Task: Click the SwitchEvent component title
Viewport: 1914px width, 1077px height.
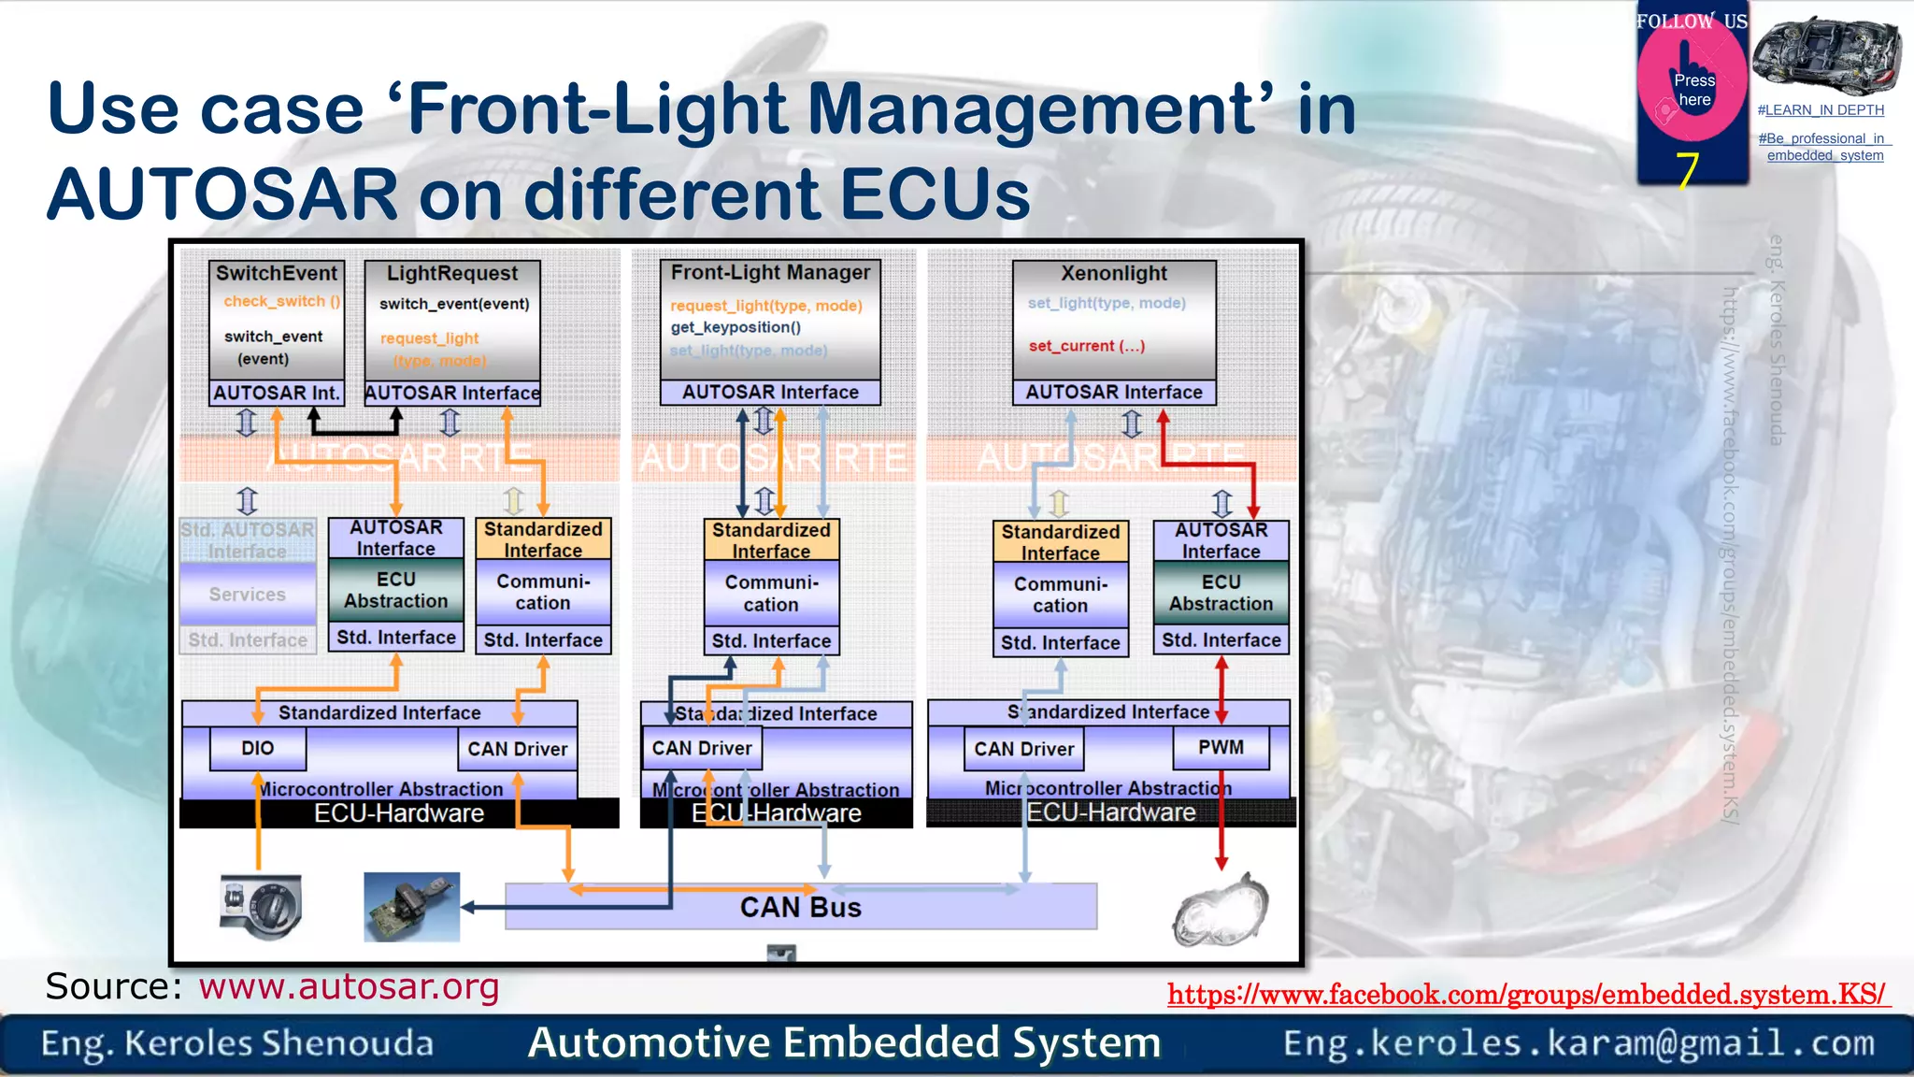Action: coord(277,273)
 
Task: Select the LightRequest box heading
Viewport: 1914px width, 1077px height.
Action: coord(452,273)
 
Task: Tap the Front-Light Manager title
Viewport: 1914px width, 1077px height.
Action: coord(770,272)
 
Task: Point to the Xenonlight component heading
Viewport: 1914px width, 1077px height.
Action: coord(1114,273)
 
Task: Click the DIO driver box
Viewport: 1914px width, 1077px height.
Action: coord(257,749)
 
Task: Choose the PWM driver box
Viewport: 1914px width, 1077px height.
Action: coord(1221,748)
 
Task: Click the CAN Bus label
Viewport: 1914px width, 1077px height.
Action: coord(800,907)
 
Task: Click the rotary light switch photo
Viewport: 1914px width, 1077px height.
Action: coord(261,906)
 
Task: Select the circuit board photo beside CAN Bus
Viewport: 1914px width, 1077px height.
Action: coord(411,906)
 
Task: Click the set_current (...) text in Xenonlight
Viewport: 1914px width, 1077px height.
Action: coord(1086,346)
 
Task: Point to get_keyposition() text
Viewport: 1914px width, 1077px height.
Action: coord(736,327)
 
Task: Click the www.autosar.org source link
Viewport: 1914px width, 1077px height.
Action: coord(349,986)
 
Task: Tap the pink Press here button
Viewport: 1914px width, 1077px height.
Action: coord(1693,90)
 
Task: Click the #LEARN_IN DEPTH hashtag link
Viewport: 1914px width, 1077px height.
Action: coord(1821,110)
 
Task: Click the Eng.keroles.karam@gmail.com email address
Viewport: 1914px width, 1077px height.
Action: coord(1578,1042)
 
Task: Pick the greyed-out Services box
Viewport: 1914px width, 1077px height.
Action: coord(248,595)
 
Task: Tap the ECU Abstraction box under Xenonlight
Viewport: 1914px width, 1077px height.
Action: coord(1221,593)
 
